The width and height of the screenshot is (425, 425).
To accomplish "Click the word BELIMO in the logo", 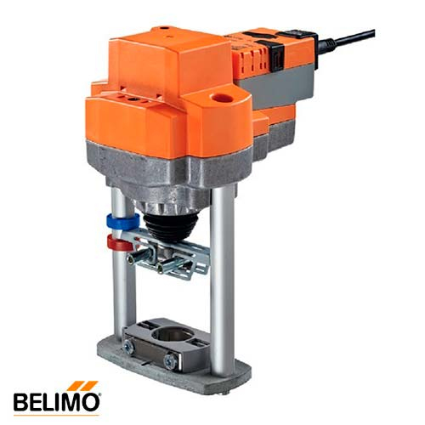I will [57, 400].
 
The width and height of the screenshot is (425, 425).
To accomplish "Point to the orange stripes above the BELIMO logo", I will [85, 385].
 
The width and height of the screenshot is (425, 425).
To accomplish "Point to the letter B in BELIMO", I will [21, 400].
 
